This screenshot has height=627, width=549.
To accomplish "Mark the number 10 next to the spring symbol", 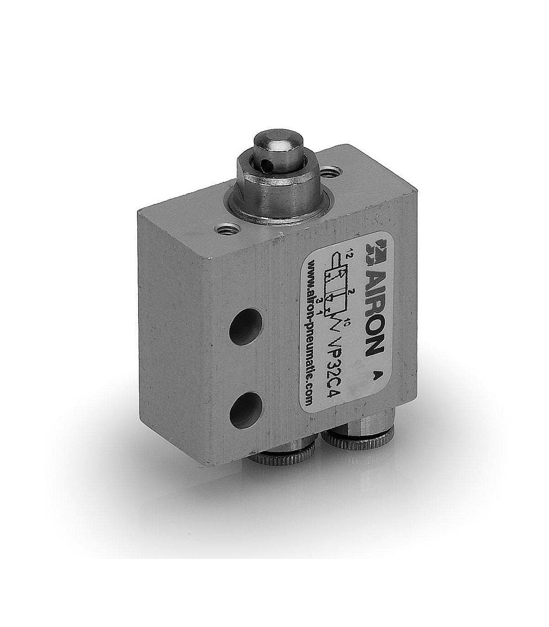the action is pyautogui.click(x=345, y=322).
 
